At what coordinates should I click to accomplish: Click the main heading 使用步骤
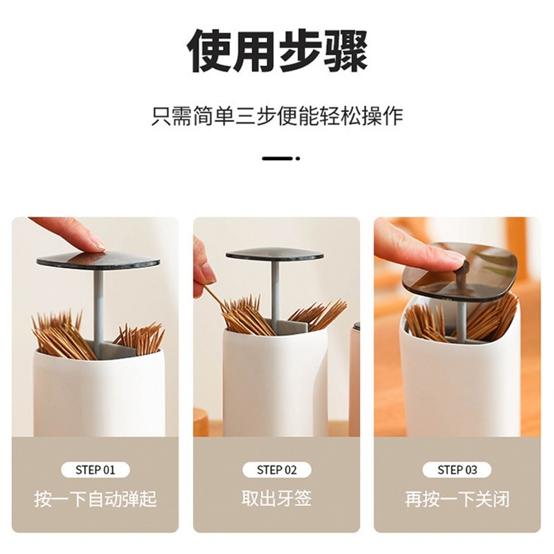[278, 51]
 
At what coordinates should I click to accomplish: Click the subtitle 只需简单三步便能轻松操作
[278, 116]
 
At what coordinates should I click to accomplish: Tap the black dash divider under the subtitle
[281, 159]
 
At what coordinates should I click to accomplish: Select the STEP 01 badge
[96, 470]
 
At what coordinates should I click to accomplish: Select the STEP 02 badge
[276, 470]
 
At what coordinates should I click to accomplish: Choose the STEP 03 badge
[457, 470]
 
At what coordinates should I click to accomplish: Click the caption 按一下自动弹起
[96, 499]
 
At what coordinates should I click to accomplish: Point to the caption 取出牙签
[276, 498]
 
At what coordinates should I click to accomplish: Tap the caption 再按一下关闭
[457, 499]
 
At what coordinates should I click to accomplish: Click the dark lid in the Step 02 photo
[274, 254]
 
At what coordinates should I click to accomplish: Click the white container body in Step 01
[99, 392]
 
